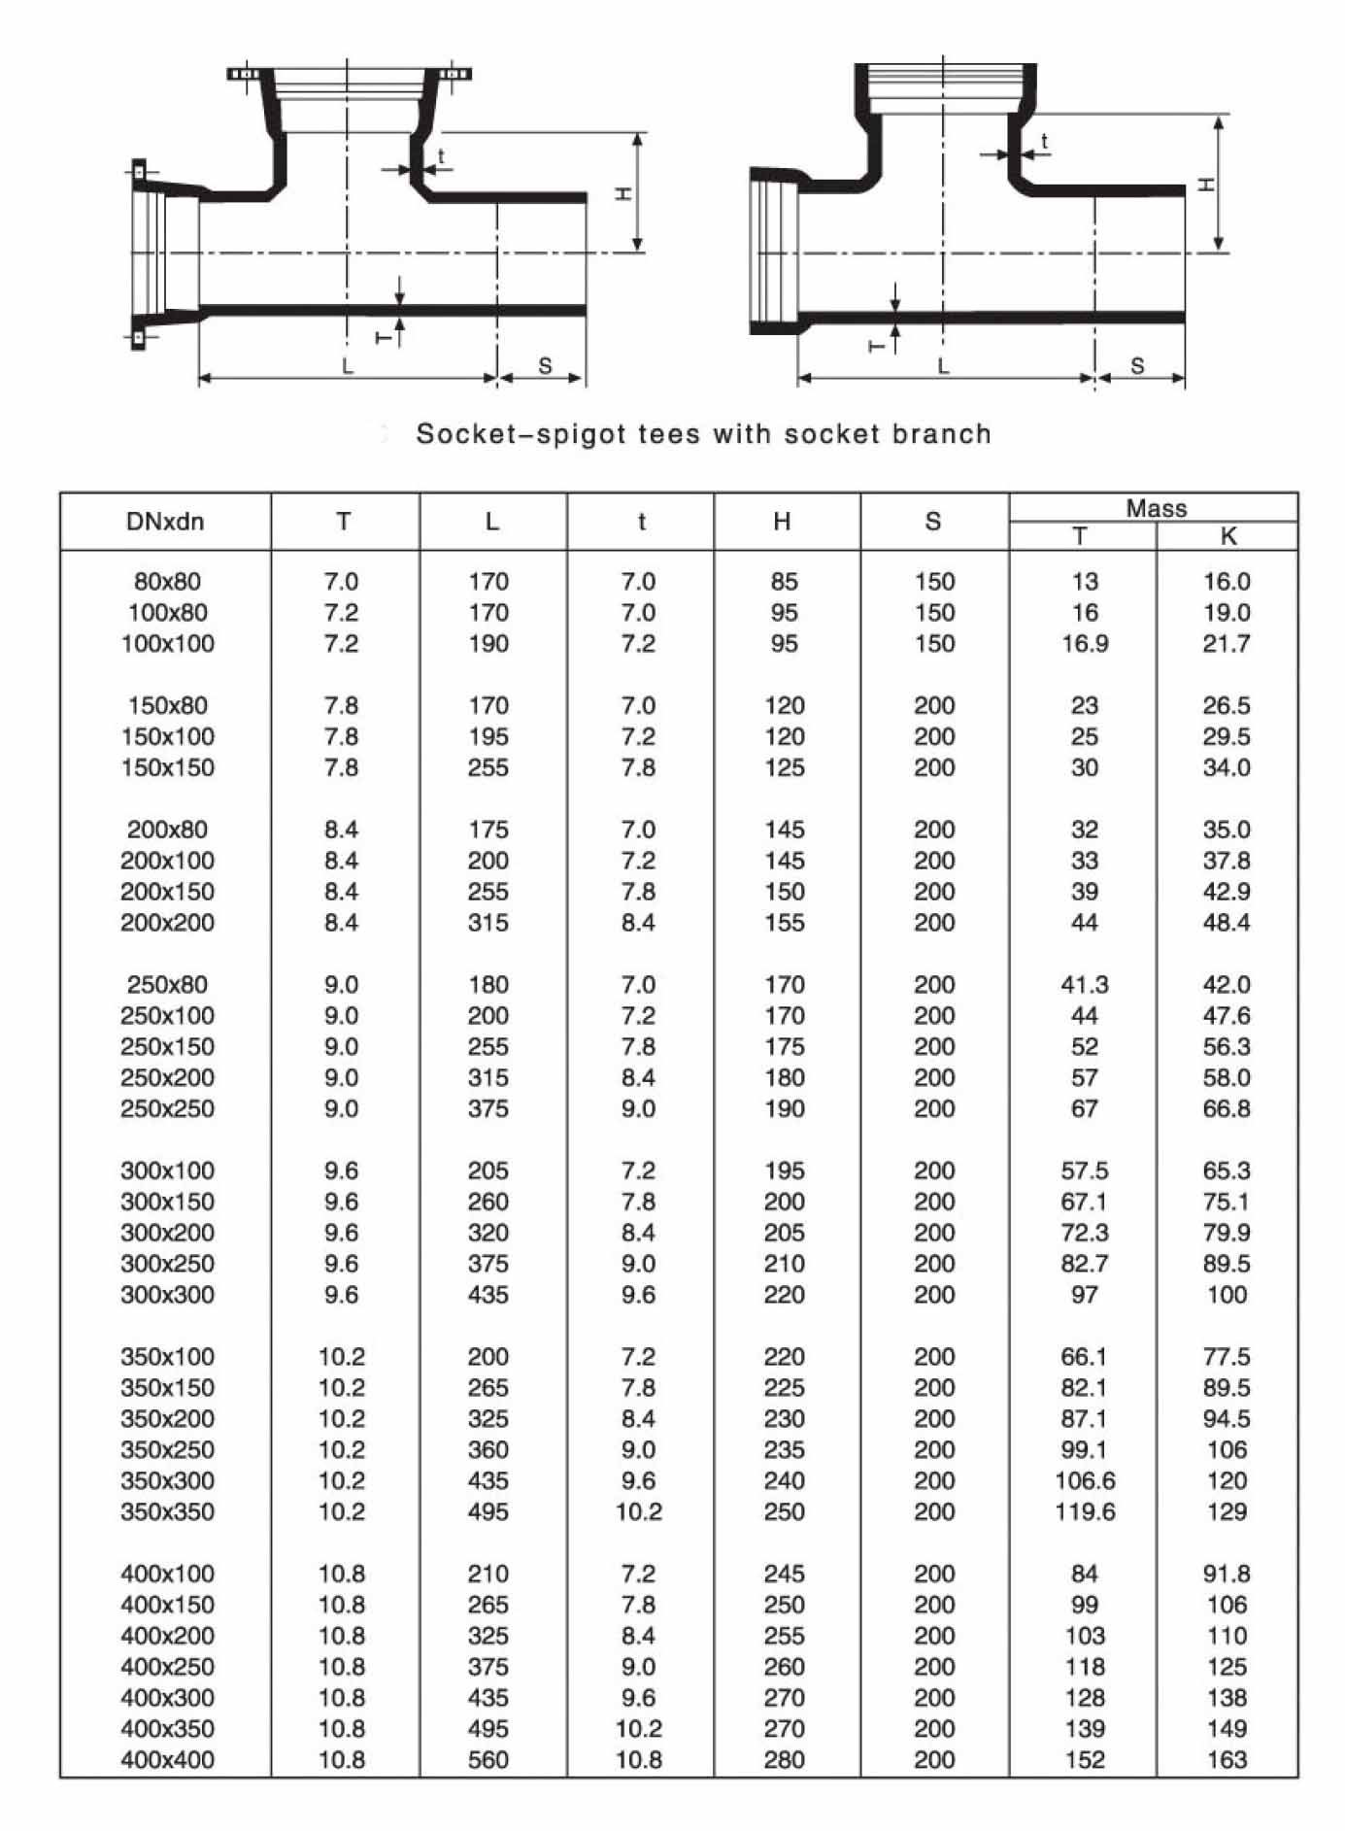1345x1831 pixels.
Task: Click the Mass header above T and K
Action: pyautogui.click(x=1156, y=508)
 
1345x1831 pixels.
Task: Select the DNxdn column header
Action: pyautogui.click(x=165, y=522)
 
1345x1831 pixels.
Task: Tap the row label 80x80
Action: pyautogui.click(x=167, y=582)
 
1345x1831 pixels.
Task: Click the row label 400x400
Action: pyautogui.click(x=167, y=1759)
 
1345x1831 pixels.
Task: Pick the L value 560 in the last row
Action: pyautogui.click(x=488, y=1759)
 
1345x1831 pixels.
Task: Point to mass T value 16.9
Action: pyautogui.click(x=1084, y=644)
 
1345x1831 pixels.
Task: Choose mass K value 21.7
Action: pyautogui.click(x=1226, y=644)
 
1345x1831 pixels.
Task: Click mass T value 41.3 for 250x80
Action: pyautogui.click(x=1084, y=985)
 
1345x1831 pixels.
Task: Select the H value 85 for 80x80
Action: pyautogui.click(x=784, y=582)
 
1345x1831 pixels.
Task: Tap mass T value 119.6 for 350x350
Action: pyautogui.click(x=1085, y=1511)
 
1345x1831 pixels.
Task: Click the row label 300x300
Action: pyautogui.click(x=167, y=1295)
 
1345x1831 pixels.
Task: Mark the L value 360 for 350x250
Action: pyautogui.click(x=488, y=1449)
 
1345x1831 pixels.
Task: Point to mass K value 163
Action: pyautogui.click(x=1227, y=1759)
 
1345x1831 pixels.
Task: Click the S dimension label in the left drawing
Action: pyautogui.click(x=545, y=366)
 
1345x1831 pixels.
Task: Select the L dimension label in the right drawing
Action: pyautogui.click(x=943, y=366)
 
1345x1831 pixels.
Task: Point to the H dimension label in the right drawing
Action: pyautogui.click(x=1205, y=184)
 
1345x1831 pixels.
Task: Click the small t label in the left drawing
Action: pyautogui.click(x=441, y=155)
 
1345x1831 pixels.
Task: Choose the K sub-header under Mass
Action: pyautogui.click(x=1227, y=536)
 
